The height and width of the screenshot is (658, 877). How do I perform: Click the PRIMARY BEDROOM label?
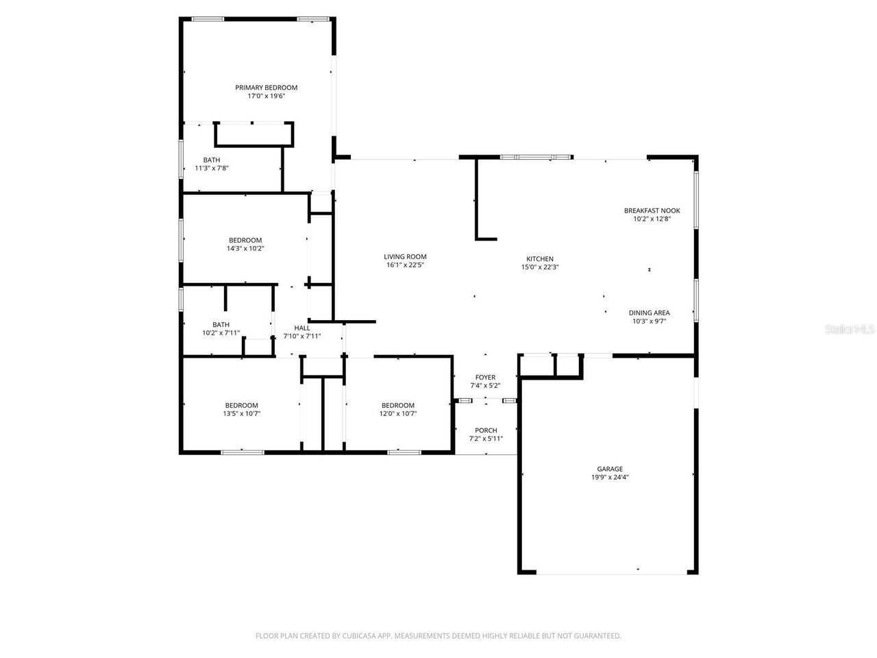(x=266, y=88)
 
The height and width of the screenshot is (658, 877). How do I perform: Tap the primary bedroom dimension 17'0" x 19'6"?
(x=266, y=97)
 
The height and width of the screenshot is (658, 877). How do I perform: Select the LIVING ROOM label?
(x=405, y=257)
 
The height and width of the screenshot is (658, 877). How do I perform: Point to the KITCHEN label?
(x=540, y=259)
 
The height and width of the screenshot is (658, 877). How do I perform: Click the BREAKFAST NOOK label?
(x=652, y=211)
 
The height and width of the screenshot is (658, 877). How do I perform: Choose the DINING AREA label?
(x=649, y=313)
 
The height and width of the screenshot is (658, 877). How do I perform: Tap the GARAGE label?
(x=610, y=470)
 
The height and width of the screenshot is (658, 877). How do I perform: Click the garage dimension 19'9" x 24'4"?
(x=610, y=478)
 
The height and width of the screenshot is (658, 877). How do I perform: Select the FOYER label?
(x=485, y=378)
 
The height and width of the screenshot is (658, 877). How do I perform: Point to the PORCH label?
(x=486, y=431)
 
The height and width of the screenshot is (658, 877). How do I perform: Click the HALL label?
(x=302, y=328)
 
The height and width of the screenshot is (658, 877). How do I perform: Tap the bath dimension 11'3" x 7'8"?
(x=212, y=168)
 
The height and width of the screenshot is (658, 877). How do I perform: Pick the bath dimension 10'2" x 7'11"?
(x=221, y=333)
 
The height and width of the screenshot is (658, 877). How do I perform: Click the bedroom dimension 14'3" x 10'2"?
(x=245, y=249)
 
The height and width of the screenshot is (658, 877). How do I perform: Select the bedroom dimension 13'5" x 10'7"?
(x=241, y=414)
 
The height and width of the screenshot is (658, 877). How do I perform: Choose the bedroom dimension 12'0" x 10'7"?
(x=397, y=414)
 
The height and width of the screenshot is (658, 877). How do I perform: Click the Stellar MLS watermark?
(x=850, y=330)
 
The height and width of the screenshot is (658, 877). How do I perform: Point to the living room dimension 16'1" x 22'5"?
(x=405, y=265)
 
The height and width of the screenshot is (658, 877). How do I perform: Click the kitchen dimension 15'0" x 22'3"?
(x=540, y=267)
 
